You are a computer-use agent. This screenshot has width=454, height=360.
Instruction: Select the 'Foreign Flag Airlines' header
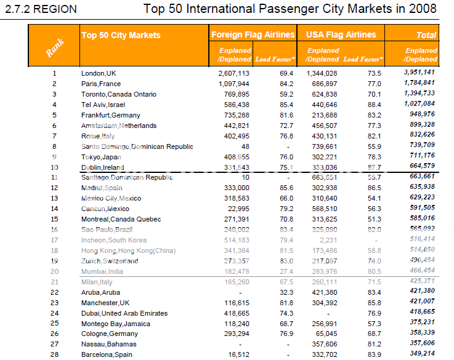[x=253, y=35]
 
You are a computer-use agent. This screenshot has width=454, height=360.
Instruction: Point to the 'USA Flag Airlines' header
[x=341, y=35]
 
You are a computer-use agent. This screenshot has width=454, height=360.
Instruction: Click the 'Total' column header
[x=426, y=36]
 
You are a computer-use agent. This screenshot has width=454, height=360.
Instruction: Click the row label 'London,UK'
[x=99, y=73]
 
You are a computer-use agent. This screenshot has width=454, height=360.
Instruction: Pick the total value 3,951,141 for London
[x=420, y=73]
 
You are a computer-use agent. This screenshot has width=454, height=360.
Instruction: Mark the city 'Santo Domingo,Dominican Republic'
[x=137, y=146]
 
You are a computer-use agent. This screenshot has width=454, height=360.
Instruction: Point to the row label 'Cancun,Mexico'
[x=105, y=209]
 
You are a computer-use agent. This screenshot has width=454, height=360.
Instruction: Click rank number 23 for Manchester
[x=54, y=303]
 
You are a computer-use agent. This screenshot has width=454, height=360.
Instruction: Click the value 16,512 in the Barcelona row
[x=237, y=355]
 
